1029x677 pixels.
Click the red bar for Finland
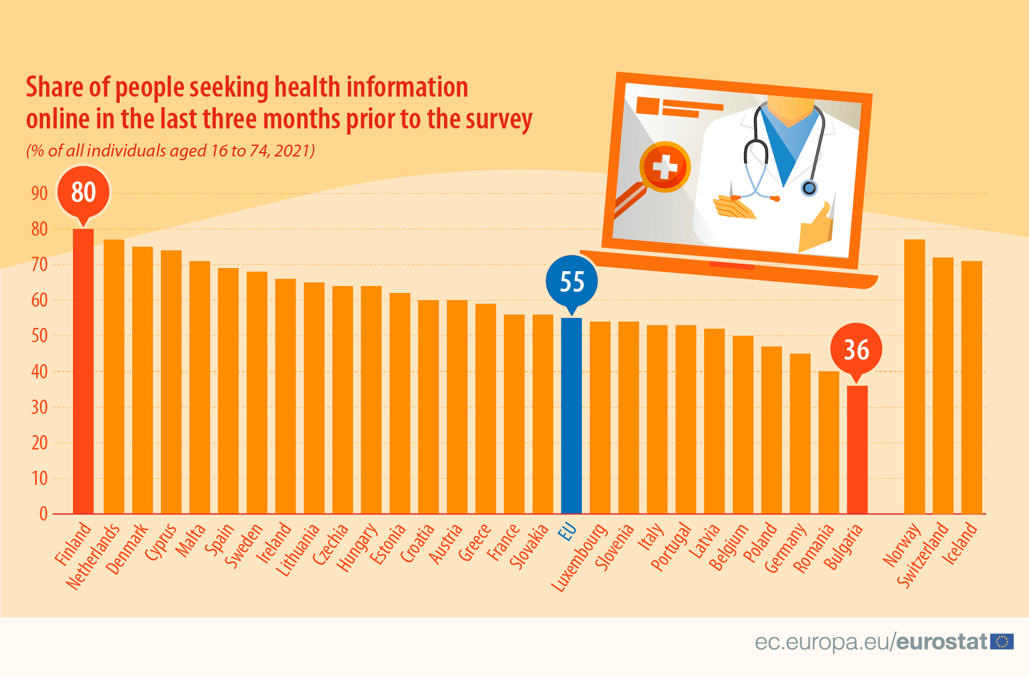(x=84, y=371)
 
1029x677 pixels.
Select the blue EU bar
(x=571, y=416)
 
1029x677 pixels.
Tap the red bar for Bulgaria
(x=857, y=449)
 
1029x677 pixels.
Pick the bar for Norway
(x=914, y=377)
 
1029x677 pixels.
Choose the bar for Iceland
(x=972, y=387)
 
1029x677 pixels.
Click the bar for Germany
(x=800, y=434)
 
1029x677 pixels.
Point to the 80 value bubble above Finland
(x=84, y=192)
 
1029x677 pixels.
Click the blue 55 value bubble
(x=572, y=282)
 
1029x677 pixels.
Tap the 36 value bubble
(x=856, y=350)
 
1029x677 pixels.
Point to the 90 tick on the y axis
(x=39, y=193)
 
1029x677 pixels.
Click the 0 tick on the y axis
(x=44, y=514)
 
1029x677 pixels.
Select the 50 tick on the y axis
(x=39, y=336)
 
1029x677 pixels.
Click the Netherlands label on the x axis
(x=93, y=557)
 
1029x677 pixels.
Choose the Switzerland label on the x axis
(x=923, y=556)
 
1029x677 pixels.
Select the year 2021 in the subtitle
(x=292, y=151)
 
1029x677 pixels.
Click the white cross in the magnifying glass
(x=665, y=167)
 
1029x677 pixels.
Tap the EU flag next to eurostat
(x=1002, y=641)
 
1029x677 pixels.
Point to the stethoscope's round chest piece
(x=809, y=188)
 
